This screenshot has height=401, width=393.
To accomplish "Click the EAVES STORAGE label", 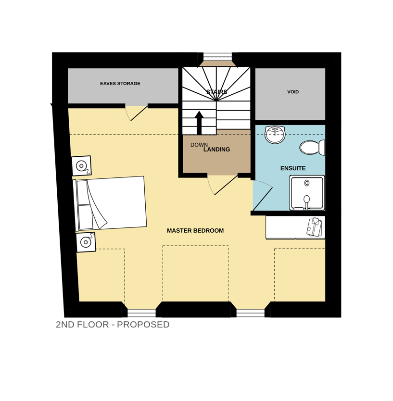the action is click(120, 84).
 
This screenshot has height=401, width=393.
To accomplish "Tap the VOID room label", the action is click(293, 92).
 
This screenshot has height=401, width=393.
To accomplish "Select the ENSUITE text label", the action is click(293, 168).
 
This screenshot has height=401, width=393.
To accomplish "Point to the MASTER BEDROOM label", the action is click(195, 231).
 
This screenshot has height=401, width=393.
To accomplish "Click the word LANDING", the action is click(217, 150).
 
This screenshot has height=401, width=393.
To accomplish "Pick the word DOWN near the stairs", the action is click(199, 145).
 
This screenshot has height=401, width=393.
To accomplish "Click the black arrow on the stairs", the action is click(199, 123).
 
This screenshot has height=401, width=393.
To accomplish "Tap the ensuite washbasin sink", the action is click(275, 135).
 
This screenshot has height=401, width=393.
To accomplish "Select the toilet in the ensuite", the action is click(312, 148).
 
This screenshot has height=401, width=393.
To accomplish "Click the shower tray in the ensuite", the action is click(307, 193).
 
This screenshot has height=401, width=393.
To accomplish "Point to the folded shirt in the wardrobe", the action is click(314, 226).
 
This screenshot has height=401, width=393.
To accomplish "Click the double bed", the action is click(110, 203).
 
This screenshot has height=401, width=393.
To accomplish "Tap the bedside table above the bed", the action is click(81, 166).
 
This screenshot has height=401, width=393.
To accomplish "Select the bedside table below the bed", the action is click(86, 242).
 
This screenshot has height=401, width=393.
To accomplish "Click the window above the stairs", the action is click(217, 55).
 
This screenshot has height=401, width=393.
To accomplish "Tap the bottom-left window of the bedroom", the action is click(141, 313).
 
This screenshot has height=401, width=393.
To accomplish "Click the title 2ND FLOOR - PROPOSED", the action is click(113, 325).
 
